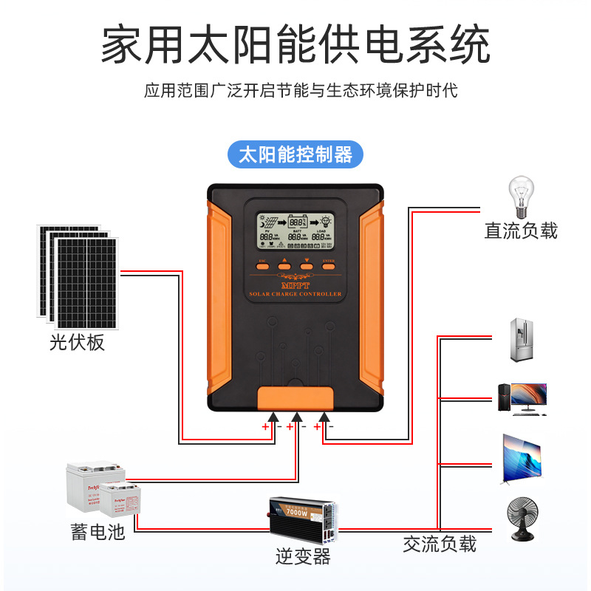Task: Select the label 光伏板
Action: coord(78,343)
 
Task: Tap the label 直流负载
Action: coord(521,231)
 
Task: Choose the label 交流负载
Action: coord(440,544)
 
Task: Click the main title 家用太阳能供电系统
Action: coord(295,46)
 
